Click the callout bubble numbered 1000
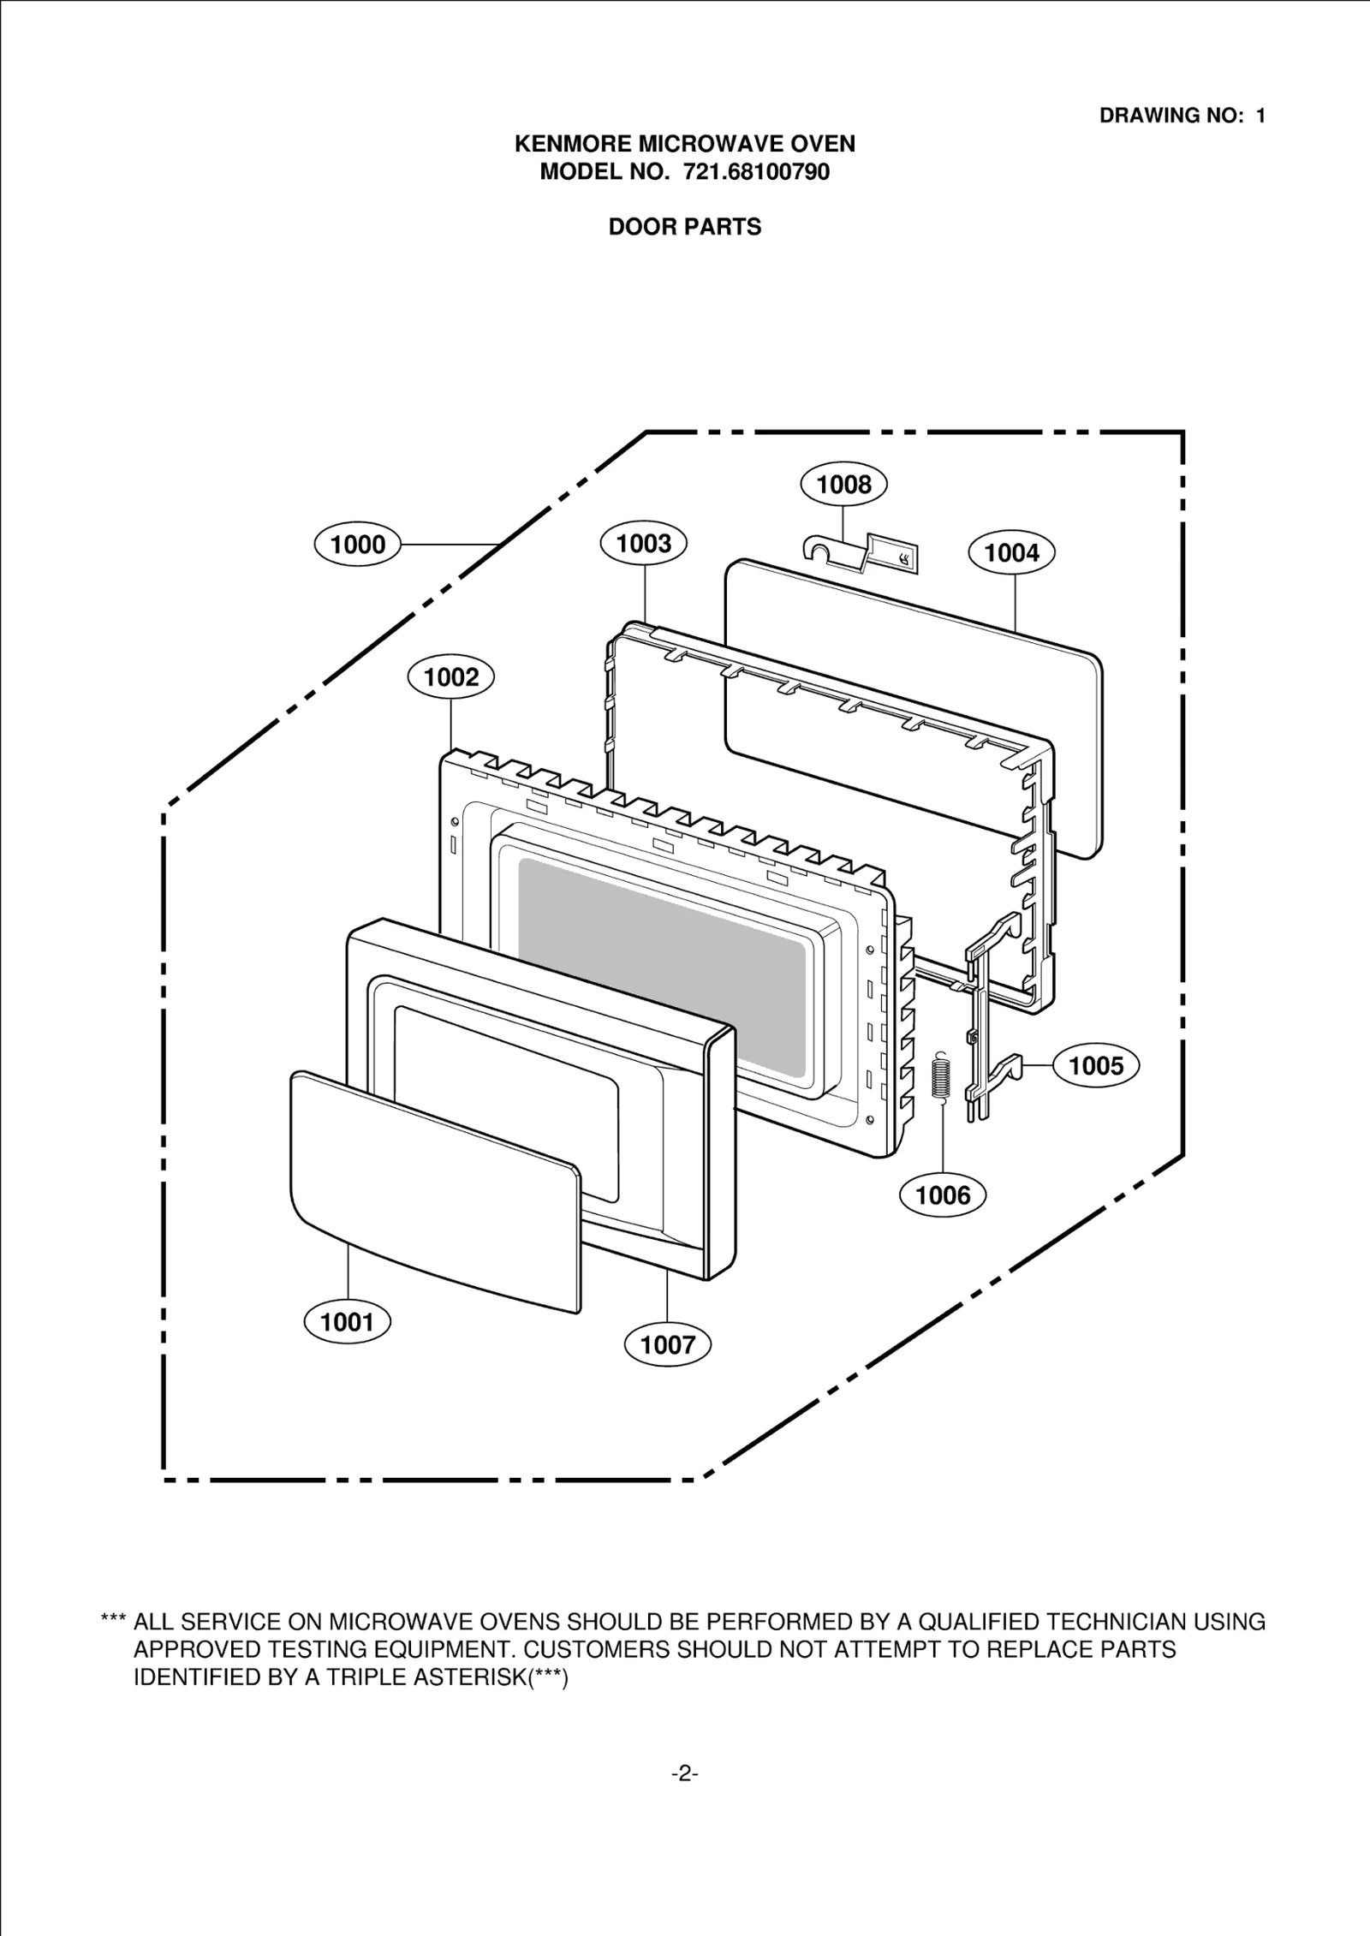[x=357, y=545]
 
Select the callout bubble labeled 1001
[x=347, y=1322]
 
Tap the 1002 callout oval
[x=451, y=677]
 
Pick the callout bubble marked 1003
[x=644, y=543]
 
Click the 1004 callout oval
[x=1011, y=552]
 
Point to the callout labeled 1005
[x=1096, y=1065]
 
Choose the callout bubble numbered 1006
[x=943, y=1194]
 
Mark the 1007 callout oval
[x=668, y=1344]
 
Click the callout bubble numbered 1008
[x=843, y=485]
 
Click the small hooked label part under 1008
[x=861, y=552]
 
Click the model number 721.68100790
[x=756, y=172]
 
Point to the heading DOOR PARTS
[x=684, y=227]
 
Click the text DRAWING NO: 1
[x=1182, y=116]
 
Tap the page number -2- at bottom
[x=684, y=1773]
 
